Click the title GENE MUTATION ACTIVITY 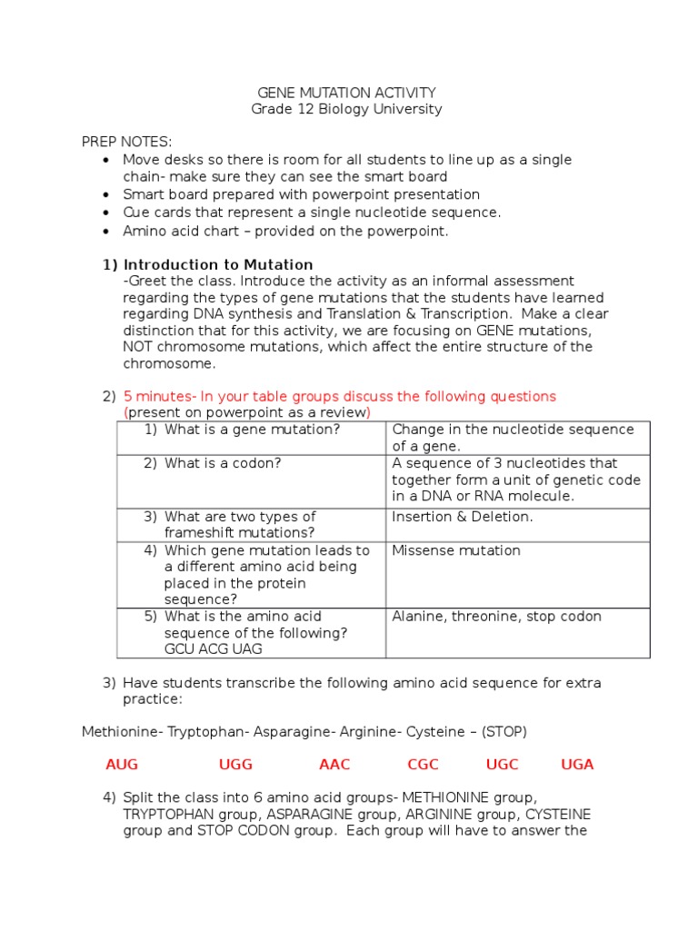(x=347, y=93)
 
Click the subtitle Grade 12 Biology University (x=346, y=109)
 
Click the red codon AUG (x=122, y=765)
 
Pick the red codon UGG (x=235, y=765)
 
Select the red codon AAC (x=334, y=765)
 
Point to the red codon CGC (x=424, y=765)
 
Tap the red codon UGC (x=502, y=765)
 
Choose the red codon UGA (x=577, y=765)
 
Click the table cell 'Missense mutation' (x=455, y=550)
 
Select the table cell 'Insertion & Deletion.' (x=462, y=517)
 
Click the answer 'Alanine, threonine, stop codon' (x=496, y=617)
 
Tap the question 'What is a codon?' (x=223, y=463)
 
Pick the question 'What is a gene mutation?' (x=252, y=430)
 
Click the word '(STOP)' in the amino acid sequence (x=504, y=731)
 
